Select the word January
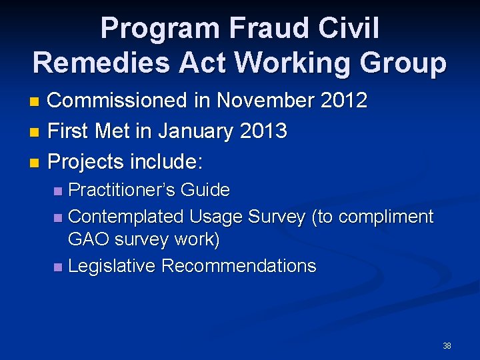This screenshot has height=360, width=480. point(188,131)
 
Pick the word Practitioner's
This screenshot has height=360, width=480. point(122,190)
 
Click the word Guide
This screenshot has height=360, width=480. point(205,190)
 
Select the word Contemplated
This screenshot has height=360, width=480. point(126,217)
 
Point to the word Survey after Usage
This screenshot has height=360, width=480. point(278,217)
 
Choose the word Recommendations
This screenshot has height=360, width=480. point(239,266)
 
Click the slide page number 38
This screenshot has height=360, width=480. point(447,346)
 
